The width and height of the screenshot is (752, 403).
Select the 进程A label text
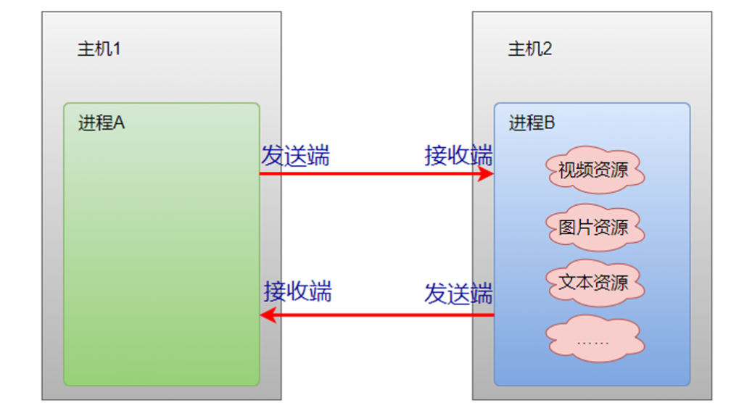102,123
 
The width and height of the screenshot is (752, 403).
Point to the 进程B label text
532,123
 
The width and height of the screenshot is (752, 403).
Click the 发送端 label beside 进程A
295,156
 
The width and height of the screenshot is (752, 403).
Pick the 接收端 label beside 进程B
458,156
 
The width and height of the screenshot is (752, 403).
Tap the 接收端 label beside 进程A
297,291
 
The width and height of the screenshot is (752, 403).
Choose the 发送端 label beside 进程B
458,294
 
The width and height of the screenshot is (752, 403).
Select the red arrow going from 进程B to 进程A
377,315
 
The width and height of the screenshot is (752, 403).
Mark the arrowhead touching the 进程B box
485,174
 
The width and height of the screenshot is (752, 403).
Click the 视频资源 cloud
593,172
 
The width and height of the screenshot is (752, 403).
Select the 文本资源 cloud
593,282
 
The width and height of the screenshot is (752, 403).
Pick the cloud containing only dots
593,338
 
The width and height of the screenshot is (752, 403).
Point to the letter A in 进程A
119,123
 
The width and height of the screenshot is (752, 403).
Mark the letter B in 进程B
549,123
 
